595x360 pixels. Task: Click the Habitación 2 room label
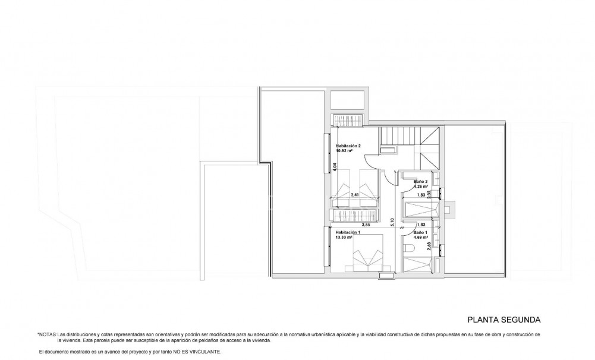coord(349,146)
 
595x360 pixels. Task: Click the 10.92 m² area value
coord(345,151)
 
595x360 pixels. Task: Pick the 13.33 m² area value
coord(345,237)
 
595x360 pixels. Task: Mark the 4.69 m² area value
coord(422,237)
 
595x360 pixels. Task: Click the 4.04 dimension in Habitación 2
coord(335,167)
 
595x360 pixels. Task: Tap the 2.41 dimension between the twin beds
coord(355,194)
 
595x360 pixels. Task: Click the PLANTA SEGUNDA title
coord(503,318)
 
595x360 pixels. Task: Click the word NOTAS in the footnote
coord(48,335)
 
